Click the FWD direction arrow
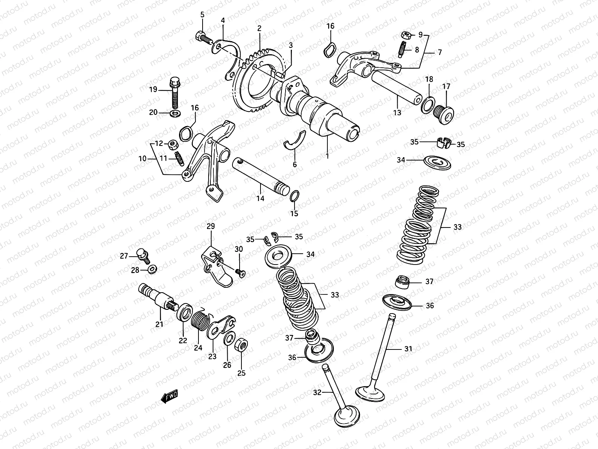click(x=170, y=396)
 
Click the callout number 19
click(x=153, y=90)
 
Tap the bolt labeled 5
click(x=202, y=37)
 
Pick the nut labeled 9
click(x=407, y=35)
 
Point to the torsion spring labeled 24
click(x=199, y=323)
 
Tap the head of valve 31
click(x=369, y=392)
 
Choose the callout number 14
click(x=260, y=198)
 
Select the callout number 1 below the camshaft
click(x=327, y=156)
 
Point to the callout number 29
click(x=211, y=226)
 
